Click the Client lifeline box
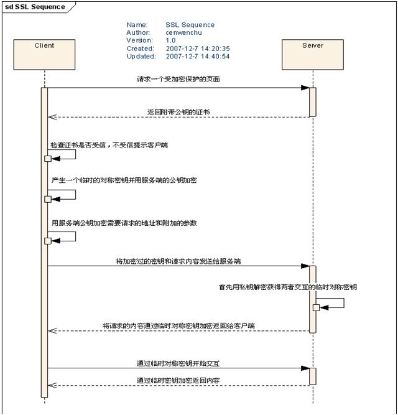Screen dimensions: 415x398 [x=44, y=54]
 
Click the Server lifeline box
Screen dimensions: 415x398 [x=312, y=54]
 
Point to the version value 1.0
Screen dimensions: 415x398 [x=170, y=40]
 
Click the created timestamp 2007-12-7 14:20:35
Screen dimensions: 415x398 [x=198, y=49]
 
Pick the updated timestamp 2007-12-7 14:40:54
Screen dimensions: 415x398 [x=198, y=57]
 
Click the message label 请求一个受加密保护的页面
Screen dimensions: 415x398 [x=178, y=80]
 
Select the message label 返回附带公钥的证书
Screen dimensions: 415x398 [x=178, y=112]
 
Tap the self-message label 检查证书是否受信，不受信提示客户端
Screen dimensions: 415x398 [x=109, y=145]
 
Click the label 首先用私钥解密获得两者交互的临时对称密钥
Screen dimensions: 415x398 [x=287, y=287]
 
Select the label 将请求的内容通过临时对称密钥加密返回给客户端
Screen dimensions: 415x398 [x=178, y=325]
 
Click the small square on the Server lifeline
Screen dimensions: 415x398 [x=316, y=307]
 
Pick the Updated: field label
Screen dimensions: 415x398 [x=141, y=57]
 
